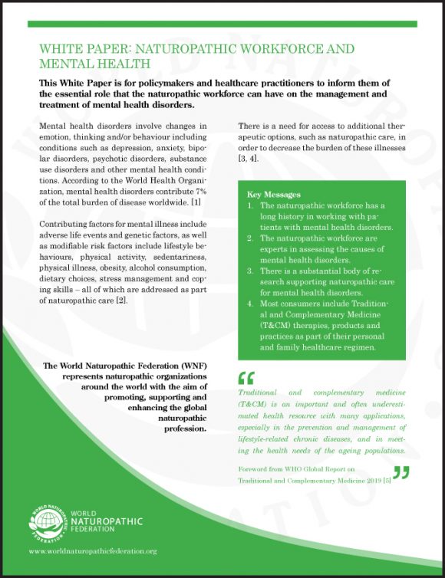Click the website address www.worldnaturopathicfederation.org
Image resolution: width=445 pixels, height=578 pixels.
92,551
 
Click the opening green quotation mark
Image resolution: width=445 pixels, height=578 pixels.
246,377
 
